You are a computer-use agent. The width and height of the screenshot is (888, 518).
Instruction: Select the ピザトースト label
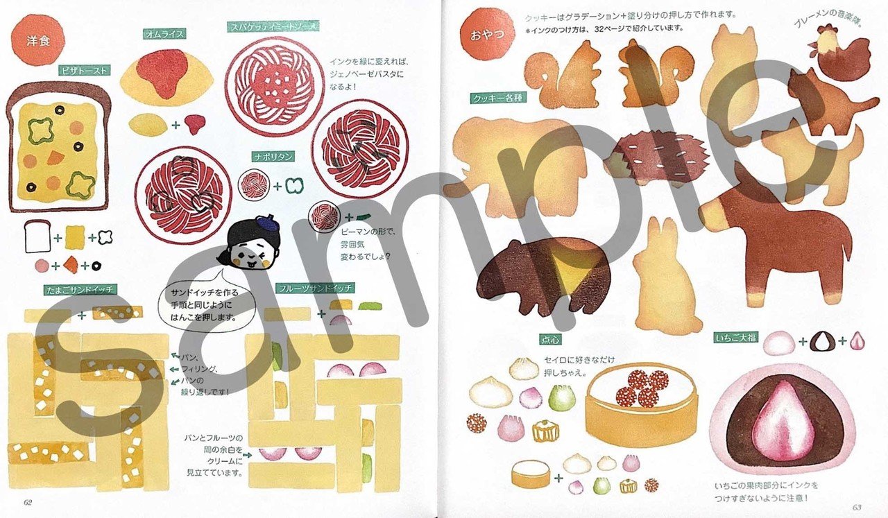point(83,69)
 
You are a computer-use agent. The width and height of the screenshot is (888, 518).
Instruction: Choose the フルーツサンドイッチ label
point(315,288)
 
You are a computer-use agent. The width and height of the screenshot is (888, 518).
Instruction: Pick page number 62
point(28,502)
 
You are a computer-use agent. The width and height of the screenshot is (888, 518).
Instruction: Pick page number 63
point(856,507)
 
